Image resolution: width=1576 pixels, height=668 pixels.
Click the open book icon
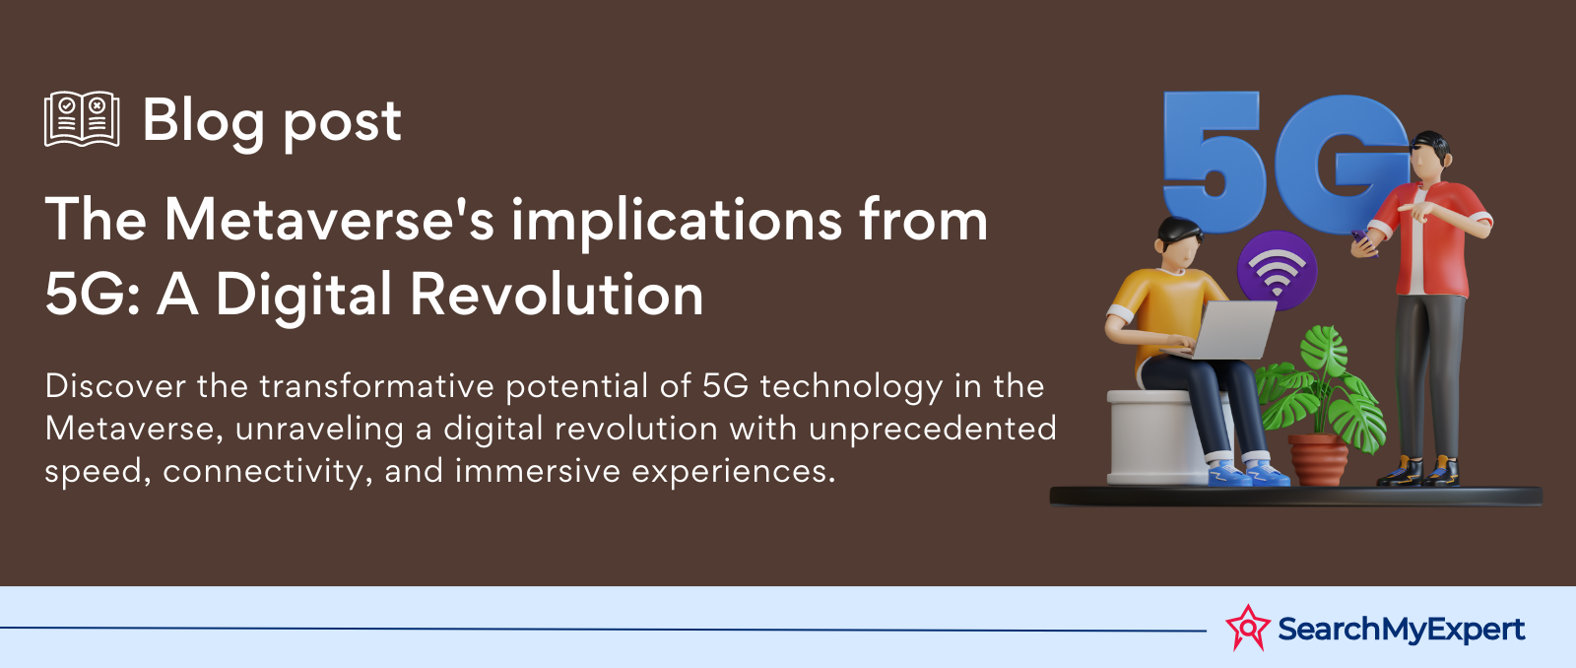point(82,119)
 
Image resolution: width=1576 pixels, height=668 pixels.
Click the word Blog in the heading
point(203,122)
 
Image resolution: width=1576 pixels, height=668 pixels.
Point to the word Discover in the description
point(115,386)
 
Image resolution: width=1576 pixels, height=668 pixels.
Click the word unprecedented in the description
point(932,430)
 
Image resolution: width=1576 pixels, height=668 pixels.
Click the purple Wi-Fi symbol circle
point(1278,270)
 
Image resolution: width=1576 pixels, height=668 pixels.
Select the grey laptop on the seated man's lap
point(1226,330)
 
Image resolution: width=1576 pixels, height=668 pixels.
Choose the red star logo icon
point(1247,628)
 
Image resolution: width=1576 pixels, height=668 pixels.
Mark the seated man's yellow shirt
point(1161,309)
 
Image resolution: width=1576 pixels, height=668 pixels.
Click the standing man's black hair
point(1429,147)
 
